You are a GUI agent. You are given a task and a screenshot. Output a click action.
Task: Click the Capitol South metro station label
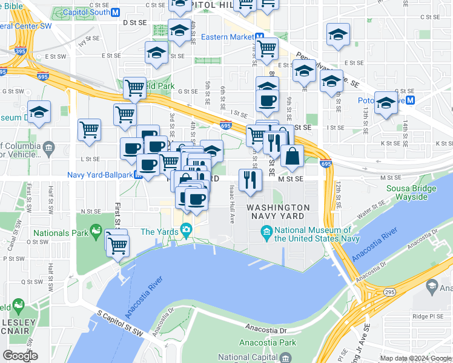click(84, 11)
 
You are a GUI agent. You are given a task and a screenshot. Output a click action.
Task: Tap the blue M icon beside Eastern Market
click(259, 37)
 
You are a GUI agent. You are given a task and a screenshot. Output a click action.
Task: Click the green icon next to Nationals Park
click(96, 231)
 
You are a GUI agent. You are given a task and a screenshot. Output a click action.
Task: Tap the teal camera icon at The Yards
click(186, 231)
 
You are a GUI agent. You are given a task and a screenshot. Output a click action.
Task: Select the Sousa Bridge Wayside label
click(415, 192)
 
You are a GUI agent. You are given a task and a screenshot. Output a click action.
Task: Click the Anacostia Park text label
click(267, 342)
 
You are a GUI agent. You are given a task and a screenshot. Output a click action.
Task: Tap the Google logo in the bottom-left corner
click(21, 356)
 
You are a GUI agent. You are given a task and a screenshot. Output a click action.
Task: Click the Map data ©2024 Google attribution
click(416, 358)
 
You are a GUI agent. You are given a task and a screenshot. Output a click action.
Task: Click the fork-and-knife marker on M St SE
click(249, 178)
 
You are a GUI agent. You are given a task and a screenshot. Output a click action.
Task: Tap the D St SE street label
click(135, 22)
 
